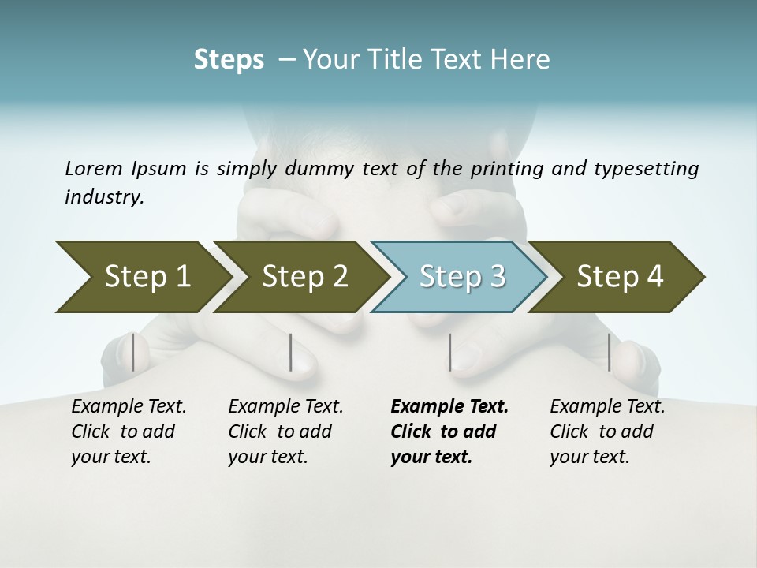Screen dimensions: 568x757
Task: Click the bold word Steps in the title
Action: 229,60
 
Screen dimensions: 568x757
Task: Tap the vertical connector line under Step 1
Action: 133,352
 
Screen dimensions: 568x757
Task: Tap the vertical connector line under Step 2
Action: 291,352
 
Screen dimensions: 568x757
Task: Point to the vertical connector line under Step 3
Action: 449,352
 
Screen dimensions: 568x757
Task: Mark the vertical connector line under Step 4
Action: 609,352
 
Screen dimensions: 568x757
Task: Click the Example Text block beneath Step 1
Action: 129,432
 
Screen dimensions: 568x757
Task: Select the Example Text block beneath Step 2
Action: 285,432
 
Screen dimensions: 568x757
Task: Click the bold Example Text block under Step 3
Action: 449,432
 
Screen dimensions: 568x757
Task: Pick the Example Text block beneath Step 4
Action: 607,432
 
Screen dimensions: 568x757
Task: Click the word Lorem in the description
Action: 93,168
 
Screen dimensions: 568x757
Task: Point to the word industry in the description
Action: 104,197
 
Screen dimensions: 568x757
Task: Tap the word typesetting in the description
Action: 651,168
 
